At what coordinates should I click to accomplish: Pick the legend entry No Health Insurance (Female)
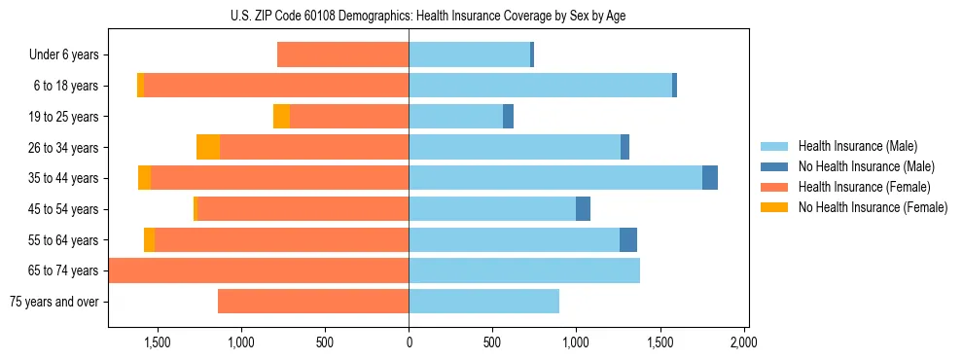pos(873,207)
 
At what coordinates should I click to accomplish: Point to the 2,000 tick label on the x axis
pos(743,342)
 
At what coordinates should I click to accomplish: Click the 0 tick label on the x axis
pos(409,342)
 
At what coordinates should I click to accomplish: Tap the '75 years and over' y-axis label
pos(54,302)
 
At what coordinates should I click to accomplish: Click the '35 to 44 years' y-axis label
pos(64,178)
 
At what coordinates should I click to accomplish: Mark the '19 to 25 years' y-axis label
pos(64,117)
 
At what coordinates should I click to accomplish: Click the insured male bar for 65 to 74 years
pos(524,270)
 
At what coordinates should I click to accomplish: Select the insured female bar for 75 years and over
pos(313,302)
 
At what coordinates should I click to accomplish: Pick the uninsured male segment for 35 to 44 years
pos(710,178)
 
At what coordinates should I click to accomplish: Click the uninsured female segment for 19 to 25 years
pos(281,117)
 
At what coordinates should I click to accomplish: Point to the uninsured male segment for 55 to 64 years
pos(628,239)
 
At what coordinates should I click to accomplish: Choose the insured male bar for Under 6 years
pos(469,55)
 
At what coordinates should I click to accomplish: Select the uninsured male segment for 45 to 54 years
pos(583,209)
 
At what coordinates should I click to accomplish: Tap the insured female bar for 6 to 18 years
pos(276,86)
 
